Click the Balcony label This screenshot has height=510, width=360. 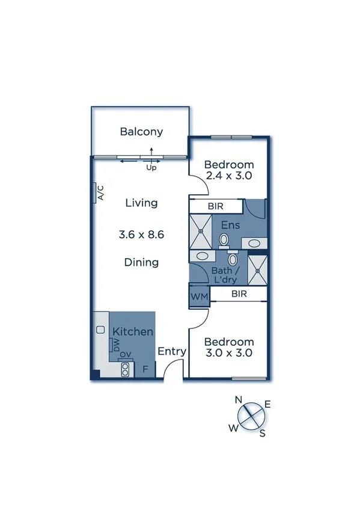141,132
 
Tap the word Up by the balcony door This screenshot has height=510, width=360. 151,168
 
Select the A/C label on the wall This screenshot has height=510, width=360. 100,192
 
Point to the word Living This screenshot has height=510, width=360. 141,203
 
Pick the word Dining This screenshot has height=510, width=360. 141,262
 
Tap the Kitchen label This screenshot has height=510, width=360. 133,331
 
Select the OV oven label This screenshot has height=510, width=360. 125,355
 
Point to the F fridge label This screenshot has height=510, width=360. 145,369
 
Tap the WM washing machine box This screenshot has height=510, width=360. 198,298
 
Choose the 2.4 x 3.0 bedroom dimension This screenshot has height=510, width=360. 228,176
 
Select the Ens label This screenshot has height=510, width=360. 231,225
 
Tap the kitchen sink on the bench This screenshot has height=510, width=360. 100,330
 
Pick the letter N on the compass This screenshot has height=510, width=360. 239,400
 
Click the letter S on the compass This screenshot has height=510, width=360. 262,433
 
